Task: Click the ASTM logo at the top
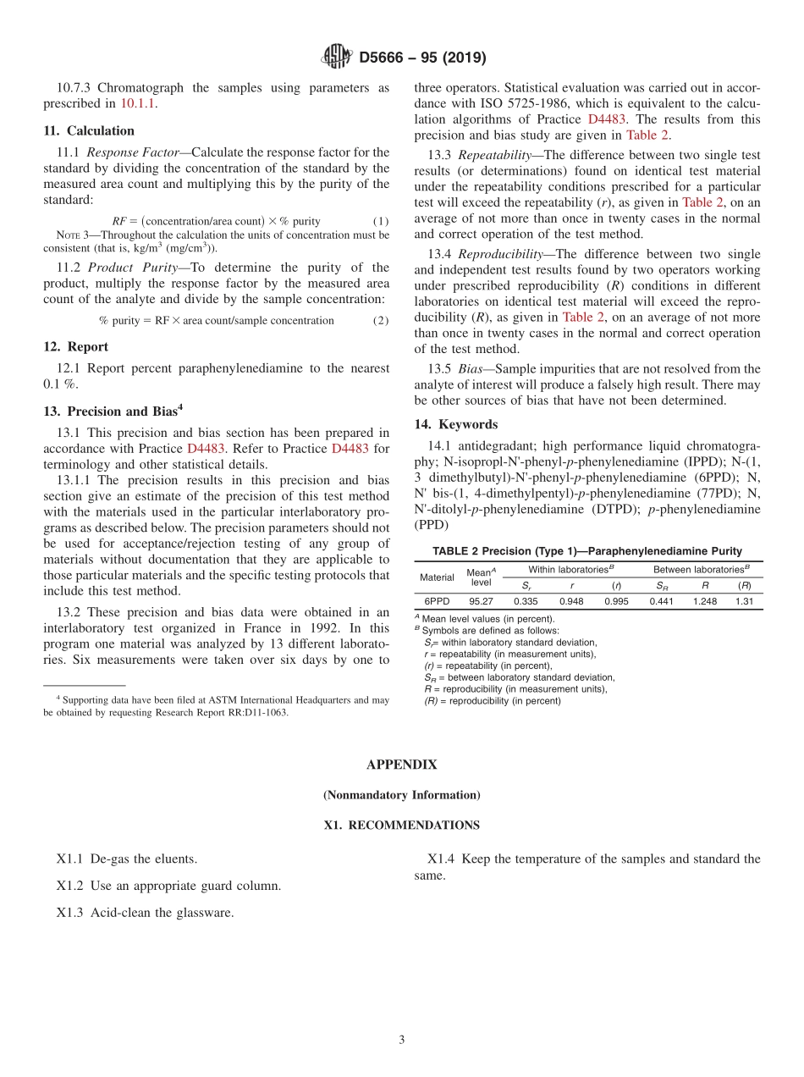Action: (x=337, y=58)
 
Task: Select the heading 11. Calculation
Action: (x=89, y=130)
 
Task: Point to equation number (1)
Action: (x=381, y=221)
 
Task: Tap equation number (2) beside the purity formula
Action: (x=381, y=320)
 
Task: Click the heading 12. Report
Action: (x=76, y=346)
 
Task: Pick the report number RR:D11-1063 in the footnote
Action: (x=253, y=712)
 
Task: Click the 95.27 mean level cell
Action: (x=481, y=601)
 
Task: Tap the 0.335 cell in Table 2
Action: (x=526, y=601)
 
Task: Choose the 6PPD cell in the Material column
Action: (x=437, y=601)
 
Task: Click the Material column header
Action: (x=437, y=577)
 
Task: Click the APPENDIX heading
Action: (x=401, y=765)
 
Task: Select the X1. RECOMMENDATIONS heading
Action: (x=401, y=825)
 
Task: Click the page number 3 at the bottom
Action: (x=402, y=1040)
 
